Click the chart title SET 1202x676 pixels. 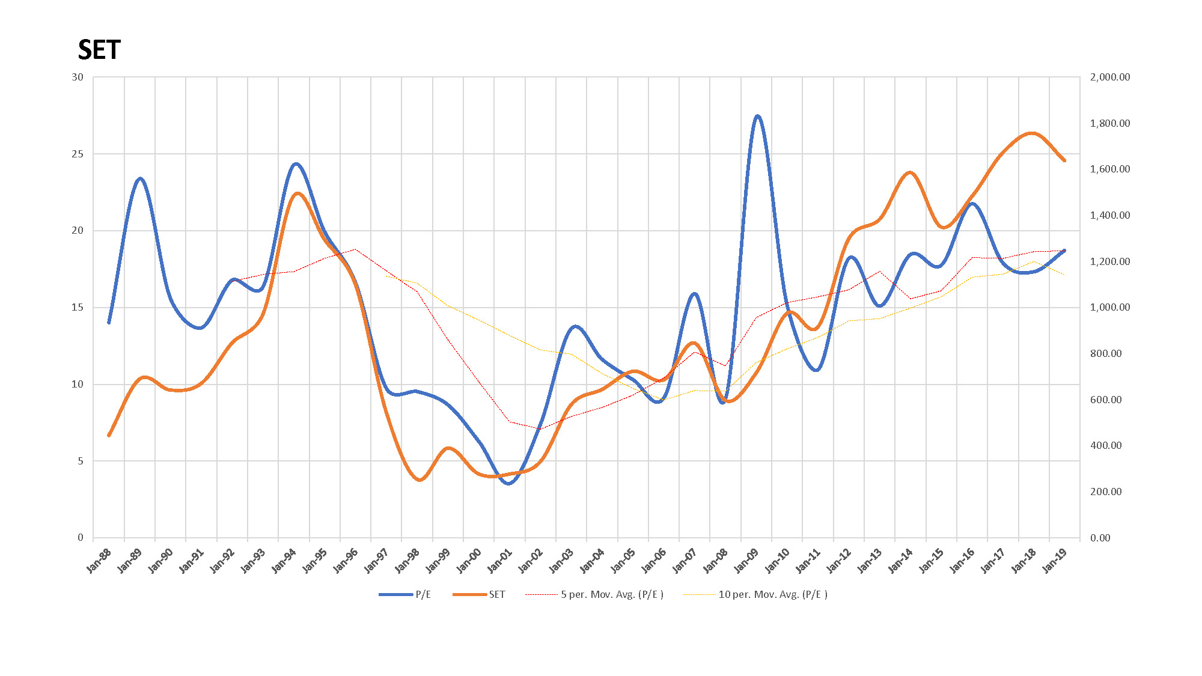[99, 50]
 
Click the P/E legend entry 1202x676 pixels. [423, 594]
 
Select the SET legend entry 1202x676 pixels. [496, 594]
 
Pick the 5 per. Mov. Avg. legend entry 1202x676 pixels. [612, 594]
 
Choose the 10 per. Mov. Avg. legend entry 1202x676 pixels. [773, 594]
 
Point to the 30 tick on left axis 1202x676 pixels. [78, 77]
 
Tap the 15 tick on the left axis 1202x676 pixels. [78, 308]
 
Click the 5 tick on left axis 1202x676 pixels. [80, 461]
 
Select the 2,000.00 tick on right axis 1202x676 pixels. [1109, 77]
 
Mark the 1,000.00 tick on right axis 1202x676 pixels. [1109, 308]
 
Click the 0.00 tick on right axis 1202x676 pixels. [1100, 538]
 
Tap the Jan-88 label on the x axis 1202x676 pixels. [100, 560]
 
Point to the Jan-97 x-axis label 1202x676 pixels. [377, 560]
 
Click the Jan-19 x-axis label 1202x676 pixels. [1055, 560]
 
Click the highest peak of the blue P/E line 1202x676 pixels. [757, 116]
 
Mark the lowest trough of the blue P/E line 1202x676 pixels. [509, 483]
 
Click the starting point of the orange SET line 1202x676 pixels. [109, 435]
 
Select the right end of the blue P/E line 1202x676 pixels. [1064, 251]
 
